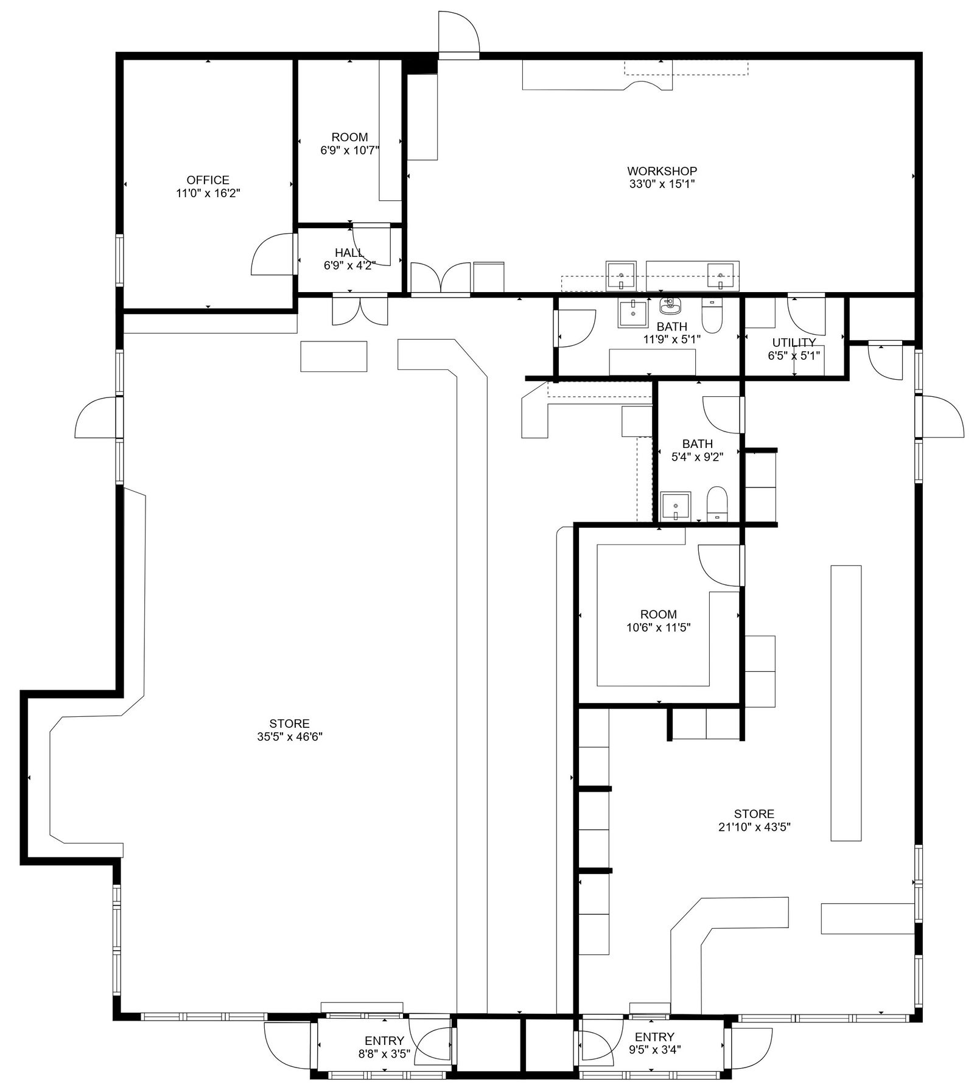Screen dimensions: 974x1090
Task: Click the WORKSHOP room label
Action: pos(662,171)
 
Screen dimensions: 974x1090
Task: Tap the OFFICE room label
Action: pos(208,180)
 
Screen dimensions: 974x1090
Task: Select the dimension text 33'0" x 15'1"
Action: pos(662,184)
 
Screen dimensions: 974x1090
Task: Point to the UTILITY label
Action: pos(794,343)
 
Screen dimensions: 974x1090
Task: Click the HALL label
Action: pos(349,253)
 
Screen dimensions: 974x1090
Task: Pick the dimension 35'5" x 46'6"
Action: pos(290,736)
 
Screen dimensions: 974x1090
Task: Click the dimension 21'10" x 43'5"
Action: pos(754,826)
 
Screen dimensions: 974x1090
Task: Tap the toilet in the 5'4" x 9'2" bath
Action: pos(718,503)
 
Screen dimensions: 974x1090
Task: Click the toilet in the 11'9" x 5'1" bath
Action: pos(711,312)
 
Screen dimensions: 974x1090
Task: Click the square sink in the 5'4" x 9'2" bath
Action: pos(676,506)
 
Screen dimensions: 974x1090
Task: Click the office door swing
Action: pos(273,254)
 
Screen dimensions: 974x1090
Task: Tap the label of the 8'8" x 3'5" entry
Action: pos(384,1041)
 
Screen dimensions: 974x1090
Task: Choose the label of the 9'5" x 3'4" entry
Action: pos(654,1037)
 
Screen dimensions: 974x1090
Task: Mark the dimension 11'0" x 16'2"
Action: pos(208,193)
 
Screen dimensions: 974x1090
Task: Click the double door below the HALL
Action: pos(360,310)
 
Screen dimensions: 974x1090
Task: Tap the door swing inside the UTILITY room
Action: pos(807,315)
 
